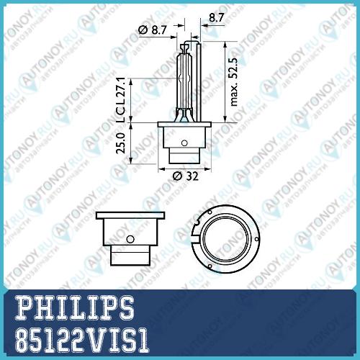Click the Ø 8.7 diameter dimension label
click(x=153, y=30)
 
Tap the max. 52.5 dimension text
click(x=233, y=81)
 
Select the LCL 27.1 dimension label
click(x=120, y=100)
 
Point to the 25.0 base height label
click(x=121, y=143)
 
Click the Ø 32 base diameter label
click(x=186, y=176)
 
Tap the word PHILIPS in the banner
click(x=74, y=307)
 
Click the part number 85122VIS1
click(x=82, y=340)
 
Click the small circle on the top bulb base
click(x=184, y=143)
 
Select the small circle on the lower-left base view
click(x=130, y=239)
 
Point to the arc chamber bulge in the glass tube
click(x=184, y=78)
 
